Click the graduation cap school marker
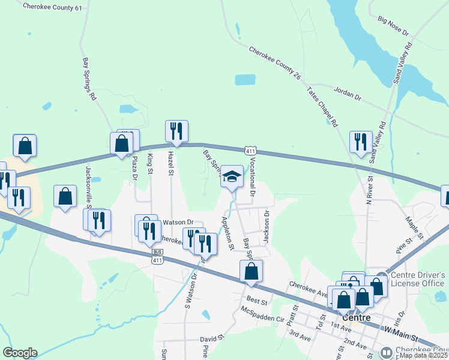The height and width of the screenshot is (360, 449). pyautogui.click(x=232, y=176)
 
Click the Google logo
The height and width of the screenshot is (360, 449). pyautogui.click(x=20, y=353)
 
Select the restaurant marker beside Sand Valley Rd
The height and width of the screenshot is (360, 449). pyautogui.click(x=361, y=142)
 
